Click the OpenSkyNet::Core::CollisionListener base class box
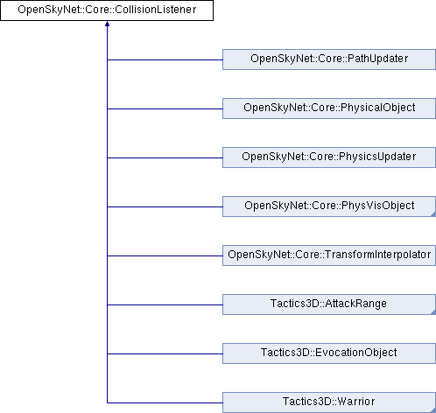pyautogui.click(x=107, y=10)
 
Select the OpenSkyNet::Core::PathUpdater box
pyautogui.click(x=329, y=59)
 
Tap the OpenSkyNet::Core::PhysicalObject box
pyautogui.click(x=329, y=108)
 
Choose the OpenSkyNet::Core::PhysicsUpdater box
pyautogui.click(x=329, y=157)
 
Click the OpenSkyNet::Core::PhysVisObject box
pyautogui.click(x=329, y=206)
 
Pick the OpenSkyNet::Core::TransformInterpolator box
pyautogui.click(x=329, y=255)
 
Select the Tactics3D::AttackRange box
pyautogui.click(x=329, y=304)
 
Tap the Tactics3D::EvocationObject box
pyautogui.click(x=329, y=353)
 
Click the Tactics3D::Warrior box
pyautogui.click(x=329, y=402)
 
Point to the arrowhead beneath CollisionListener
pyautogui.click(x=107, y=24)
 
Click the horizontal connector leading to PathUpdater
pyautogui.click(x=165, y=60)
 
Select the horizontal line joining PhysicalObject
pyautogui.click(x=165, y=109)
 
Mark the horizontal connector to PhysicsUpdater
pyautogui.click(x=165, y=158)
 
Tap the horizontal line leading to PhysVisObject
pyautogui.click(x=165, y=207)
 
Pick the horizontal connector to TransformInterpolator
pyautogui.click(x=165, y=256)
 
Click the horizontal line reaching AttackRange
pyautogui.click(x=165, y=305)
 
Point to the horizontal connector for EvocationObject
pyautogui.click(x=165, y=354)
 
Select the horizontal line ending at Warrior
pyautogui.click(x=165, y=403)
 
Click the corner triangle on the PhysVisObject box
pyautogui.click(x=433, y=214)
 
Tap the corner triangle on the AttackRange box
pyautogui.click(x=433, y=312)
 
